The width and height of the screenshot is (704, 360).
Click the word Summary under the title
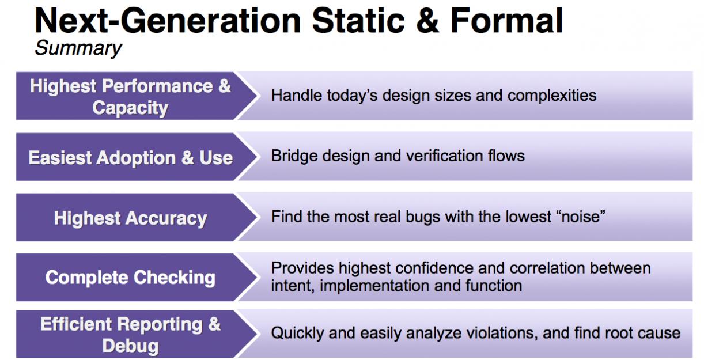point(78,48)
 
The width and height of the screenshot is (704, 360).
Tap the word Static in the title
point(358,21)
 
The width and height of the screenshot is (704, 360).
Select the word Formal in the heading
point(506,21)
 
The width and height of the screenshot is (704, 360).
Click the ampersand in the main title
point(427,21)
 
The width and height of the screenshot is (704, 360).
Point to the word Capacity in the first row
point(130,108)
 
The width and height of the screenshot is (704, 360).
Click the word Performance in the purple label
point(157,86)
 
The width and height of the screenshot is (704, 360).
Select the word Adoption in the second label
point(136,157)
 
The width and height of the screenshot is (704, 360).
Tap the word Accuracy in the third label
point(166,219)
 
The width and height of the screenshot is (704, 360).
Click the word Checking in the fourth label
point(175,278)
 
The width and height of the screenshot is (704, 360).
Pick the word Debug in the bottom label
point(130,346)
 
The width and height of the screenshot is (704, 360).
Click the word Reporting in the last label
point(160,325)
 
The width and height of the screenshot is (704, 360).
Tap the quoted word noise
point(581,217)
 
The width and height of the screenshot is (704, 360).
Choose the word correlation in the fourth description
point(547,268)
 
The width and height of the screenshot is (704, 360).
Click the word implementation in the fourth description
point(374,286)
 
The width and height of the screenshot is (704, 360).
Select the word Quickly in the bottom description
point(297,334)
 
